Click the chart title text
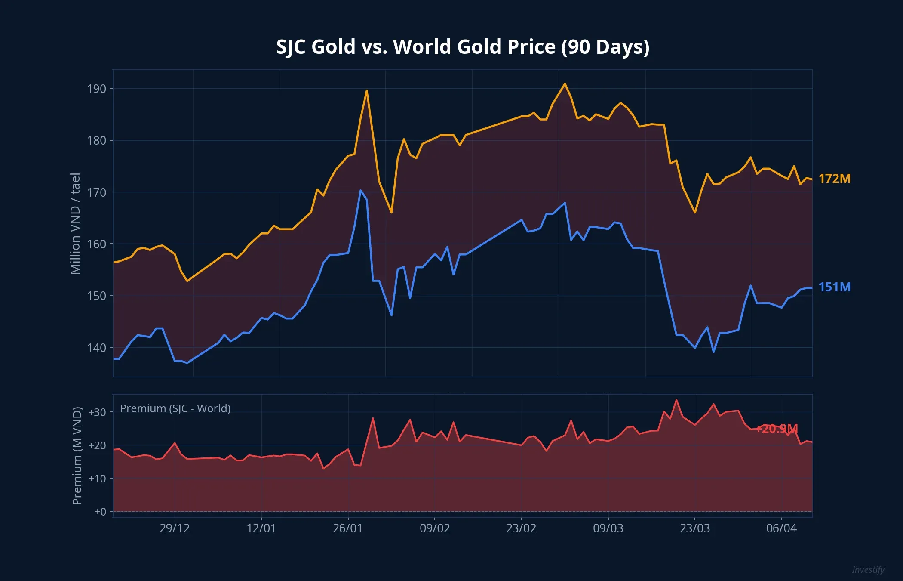462,46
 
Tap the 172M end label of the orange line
834,179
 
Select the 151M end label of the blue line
834,287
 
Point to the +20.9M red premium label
777,429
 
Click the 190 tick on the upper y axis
96,89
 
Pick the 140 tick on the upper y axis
96,348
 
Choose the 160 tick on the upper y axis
96,244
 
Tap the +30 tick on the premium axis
97,412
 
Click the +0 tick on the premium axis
100,512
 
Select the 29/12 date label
175,528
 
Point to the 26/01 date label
347,528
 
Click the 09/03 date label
608,528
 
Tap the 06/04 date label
781,528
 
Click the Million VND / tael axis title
75,223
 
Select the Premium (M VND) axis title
77,455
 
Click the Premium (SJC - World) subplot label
175,408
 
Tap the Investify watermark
868,569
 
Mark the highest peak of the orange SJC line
565,84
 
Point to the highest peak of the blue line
360,190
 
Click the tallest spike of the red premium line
676,400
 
